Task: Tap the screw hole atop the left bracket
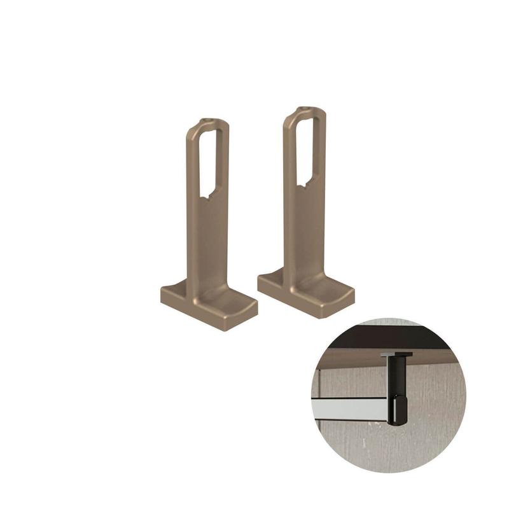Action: click(x=206, y=120)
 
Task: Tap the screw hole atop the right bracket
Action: click(x=305, y=109)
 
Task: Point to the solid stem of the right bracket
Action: click(x=305, y=229)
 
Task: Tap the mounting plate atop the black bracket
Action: click(x=396, y=354)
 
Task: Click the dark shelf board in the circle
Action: click(x=382, y=337)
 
